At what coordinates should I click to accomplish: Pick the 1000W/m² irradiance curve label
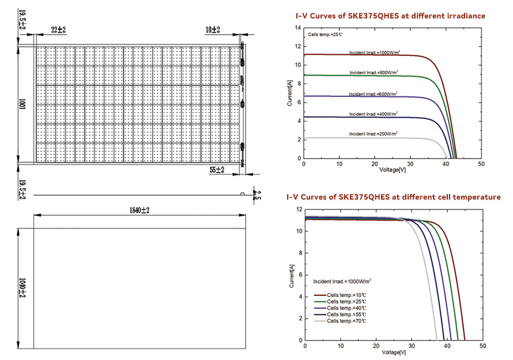pos(374,53)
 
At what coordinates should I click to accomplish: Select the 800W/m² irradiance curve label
pos(374,73)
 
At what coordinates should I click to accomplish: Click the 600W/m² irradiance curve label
pos(374,93)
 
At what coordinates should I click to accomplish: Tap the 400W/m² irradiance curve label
pos(374,114)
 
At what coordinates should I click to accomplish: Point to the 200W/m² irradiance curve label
pos(374,134)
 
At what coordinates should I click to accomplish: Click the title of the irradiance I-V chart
pos(390,16)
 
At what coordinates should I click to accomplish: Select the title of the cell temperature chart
pos(394,197)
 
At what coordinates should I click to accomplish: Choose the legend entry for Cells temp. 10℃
pos(346,295)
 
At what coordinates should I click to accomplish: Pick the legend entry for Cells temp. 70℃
pos(346,321)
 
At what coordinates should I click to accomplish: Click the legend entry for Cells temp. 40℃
pos(346,308)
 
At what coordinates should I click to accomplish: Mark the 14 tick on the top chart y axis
pos(297,46)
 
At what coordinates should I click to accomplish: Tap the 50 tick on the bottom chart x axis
pos(481,346)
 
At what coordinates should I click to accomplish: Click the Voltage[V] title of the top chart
pos(393,170)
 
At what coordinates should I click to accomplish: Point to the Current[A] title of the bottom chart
pos(292,275)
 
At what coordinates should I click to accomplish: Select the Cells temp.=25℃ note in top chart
pos(325,35)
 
